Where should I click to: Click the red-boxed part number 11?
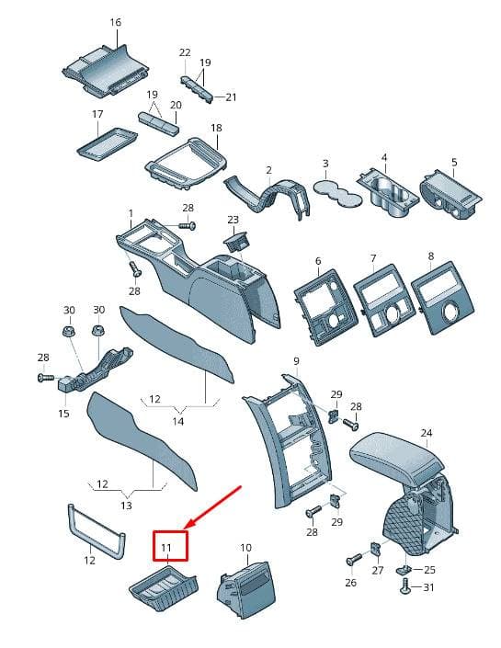point(166,548)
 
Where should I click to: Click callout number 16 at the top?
point(116,22)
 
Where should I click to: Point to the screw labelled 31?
point(406,586)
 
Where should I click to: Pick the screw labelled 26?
point(353,560)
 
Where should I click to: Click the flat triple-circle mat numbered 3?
point(338,192)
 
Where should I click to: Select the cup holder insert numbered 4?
point(389,191)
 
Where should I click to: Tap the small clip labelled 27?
point(375,549)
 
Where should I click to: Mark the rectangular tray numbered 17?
point(107,143)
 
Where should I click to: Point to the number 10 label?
point(245,548)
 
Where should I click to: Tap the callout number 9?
point(296,361)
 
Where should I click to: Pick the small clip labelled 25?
point(404,570)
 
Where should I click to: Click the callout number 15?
point(63,413)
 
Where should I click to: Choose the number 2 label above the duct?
point(269,170)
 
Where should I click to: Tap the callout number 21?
point(231,97)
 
